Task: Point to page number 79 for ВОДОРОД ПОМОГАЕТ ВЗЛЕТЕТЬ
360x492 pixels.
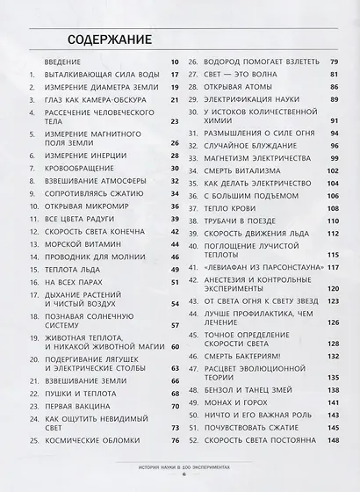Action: click(335, 62)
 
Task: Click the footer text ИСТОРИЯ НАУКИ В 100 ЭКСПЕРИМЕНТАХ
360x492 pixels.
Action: click(179, 470)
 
